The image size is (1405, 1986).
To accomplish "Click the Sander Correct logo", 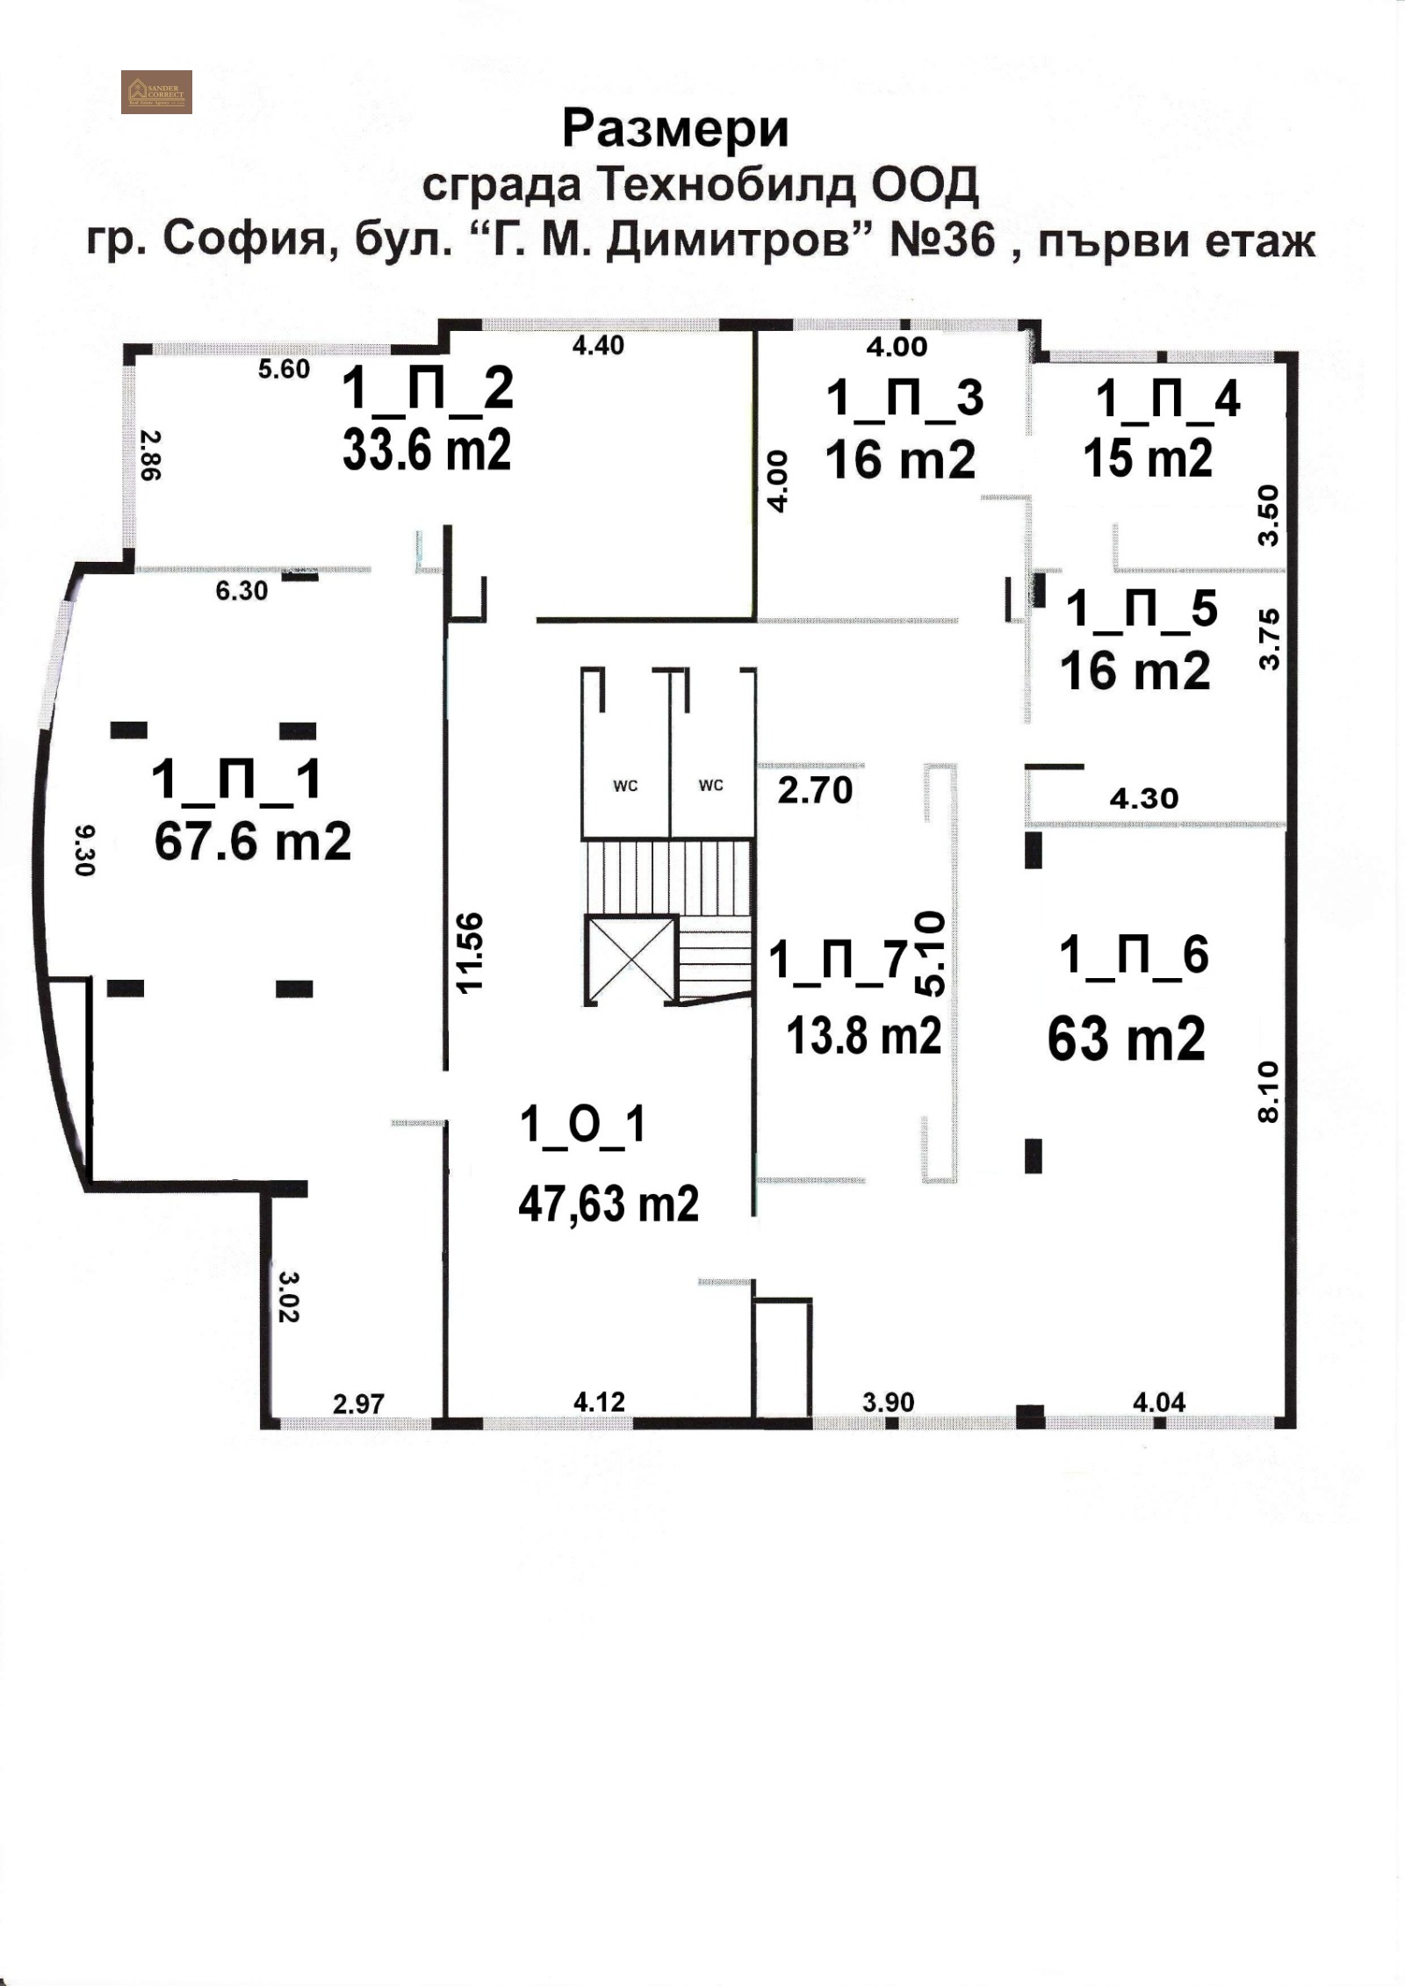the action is coord(156,91).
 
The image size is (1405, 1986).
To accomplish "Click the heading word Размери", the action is coord(675,130).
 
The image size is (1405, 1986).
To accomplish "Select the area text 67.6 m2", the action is coord(253,841).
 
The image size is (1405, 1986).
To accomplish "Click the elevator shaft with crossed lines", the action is coord(630,960).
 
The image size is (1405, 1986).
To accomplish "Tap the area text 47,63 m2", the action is coord(609,1203).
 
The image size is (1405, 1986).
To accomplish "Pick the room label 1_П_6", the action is coord(1134,954).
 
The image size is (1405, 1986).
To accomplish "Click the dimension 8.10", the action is coord(1269,1091).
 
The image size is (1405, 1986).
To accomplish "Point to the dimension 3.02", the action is coord(289,1295).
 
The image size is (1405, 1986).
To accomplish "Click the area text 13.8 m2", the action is coord(864,1036).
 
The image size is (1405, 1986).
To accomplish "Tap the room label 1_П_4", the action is coord(1167,399).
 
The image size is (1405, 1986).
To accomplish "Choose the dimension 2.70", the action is coord(815,790).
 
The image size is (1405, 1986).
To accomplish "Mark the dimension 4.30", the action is coord(1143,798).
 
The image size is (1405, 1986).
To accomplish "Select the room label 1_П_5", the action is coord(1142,608).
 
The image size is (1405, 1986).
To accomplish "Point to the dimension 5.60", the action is coord(284,369).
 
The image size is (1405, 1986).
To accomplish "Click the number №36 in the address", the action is coord(943,240).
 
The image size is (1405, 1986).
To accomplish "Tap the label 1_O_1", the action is coord(583,1125).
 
